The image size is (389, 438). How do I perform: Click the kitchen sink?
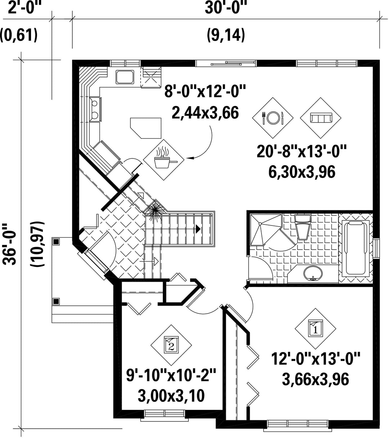(125, 77)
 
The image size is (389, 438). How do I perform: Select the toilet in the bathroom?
(303, 227)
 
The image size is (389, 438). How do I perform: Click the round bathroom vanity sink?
(313, 273)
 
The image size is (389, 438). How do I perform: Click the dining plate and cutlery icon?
(273, 118)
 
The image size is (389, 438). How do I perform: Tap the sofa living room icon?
(321, 118)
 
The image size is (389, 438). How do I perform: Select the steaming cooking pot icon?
(164, 160)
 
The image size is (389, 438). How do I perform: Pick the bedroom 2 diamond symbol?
(171, 345)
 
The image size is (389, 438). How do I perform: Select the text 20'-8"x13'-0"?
(301, 152)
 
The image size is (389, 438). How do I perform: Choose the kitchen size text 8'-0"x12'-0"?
(205, 91)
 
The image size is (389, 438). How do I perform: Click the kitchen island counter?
(146, 128)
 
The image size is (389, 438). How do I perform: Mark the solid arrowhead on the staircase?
(198, 229)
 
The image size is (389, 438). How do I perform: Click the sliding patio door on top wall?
(226, 63)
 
